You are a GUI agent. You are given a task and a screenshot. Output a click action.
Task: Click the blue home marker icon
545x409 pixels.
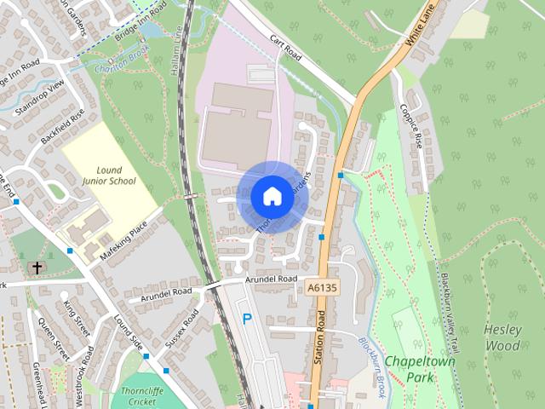[x=271, y=197]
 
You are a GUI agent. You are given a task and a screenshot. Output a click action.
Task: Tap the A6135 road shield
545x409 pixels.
[x=320, y=289]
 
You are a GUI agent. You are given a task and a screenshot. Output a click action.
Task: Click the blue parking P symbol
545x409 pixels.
[x=248, y=320]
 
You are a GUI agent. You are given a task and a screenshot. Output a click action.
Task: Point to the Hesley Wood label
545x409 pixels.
[x=502, y=337]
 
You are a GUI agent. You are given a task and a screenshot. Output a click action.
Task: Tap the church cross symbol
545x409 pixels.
[x=36, y=268]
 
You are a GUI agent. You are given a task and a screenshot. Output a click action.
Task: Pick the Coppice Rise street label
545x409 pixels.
[x=411, y=126]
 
